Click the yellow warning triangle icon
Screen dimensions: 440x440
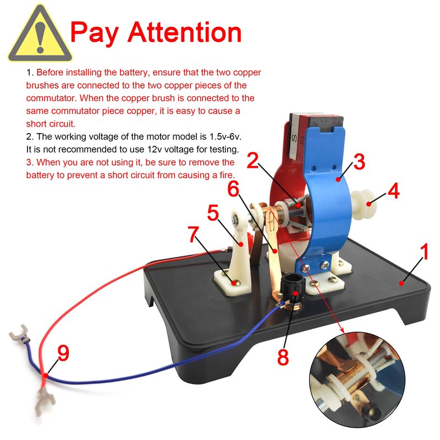(x=40, y=35)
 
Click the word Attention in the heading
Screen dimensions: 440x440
(x=184, y=32)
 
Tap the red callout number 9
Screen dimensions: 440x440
(x=63, y=353)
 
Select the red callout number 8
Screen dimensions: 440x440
(x=283, y=356)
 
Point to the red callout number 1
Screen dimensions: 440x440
(x=425, y=251)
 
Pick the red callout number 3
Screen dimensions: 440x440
(x=359, y=161)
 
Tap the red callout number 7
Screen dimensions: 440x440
(x=194, y=234)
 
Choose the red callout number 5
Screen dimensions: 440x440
(x=213, y=212)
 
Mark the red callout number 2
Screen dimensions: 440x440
(x=252, y=160)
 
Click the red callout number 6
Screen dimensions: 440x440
(x=233, y=189)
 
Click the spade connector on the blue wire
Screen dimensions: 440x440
(x=19, y=334)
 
